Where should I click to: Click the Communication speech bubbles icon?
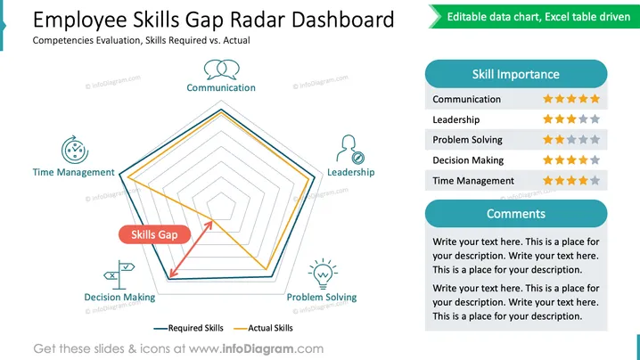pos(222,70)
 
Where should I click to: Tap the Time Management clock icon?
pos(75,150)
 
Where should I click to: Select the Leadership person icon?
pos(350,150)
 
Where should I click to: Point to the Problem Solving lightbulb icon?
pos(323,274)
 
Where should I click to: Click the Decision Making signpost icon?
pos(119,274)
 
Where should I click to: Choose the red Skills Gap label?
pos(155,234)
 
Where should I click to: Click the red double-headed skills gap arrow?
pos(191,249)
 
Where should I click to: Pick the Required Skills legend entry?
pos(189,328)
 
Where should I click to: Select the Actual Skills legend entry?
pos(263,328)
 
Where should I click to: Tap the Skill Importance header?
pos(516,74)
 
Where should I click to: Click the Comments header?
pos(516,214)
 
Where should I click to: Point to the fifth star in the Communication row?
pos(595,99)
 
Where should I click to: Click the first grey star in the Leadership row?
pos(583,119)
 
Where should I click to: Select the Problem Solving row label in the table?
pos(467,140)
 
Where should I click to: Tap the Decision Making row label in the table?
pos(468,160)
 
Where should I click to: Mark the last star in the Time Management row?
pos(595,180)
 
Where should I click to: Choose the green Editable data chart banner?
pos(534,17)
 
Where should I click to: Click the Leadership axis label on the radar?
pos(351,172)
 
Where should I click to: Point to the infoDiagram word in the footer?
pos(258,349)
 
